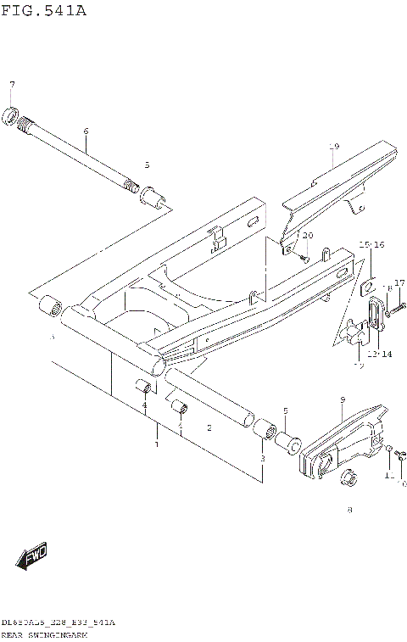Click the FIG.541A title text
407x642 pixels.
point(44,11)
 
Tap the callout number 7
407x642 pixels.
point(12,84)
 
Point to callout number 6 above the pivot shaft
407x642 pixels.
point(86,131)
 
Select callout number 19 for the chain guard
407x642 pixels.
point(333,147)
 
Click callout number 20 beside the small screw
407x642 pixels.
point(308,235)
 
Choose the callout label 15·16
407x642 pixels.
point(371,244)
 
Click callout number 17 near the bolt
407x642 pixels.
point(399,282)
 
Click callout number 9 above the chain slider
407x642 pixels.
point(342,399)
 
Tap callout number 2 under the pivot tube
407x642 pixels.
point(209,428)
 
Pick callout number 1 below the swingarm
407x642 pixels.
point(156,444)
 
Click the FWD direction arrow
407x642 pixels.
point(31,558)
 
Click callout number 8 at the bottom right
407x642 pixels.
point(348,511)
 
